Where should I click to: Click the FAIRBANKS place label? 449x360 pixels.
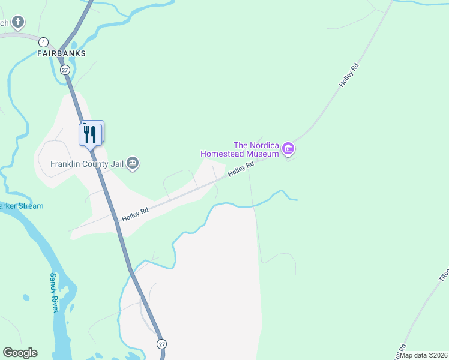(61, 53)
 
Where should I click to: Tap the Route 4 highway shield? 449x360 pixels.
(43, 42)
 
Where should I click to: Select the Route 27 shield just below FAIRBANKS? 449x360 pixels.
(65, 70)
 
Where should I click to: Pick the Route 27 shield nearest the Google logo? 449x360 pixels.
(162, 344)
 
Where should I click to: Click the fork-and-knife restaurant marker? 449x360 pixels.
(90, 134)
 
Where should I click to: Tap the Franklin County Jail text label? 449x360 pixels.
(87, 164)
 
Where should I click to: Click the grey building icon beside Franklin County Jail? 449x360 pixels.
(133, 163)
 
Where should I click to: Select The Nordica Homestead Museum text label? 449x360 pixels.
(240, 149)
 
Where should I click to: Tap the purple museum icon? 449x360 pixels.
(288, 148)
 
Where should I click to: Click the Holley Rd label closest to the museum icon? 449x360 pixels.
(238, 170)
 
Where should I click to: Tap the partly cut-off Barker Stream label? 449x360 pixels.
(22, 206)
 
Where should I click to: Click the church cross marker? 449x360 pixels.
(19, 23)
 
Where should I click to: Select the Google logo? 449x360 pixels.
(20, 353)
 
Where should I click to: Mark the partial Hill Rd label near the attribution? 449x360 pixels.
(402, 349)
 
